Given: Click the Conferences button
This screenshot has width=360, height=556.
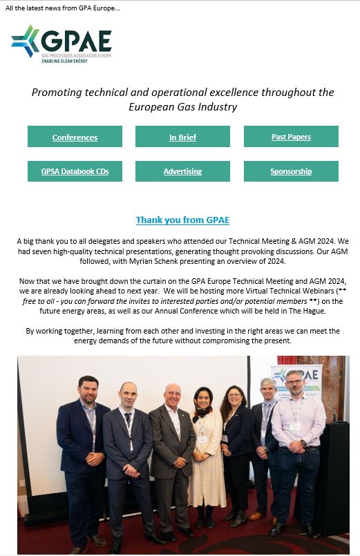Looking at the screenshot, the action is tap(75, 137).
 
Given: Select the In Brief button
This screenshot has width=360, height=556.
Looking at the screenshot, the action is tap(182, 137).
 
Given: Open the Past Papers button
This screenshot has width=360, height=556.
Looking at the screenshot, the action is tap(291, 137).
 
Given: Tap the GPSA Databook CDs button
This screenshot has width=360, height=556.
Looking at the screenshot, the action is tap(75, 171).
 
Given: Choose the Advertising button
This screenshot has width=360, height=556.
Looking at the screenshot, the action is tap(182, 171).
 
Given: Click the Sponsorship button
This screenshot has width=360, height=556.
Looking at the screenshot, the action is tap(291, 171).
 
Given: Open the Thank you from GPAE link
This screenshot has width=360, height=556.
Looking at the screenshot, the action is tap(182, 220).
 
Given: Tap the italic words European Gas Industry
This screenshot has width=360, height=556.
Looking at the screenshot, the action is tap(182, 106).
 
